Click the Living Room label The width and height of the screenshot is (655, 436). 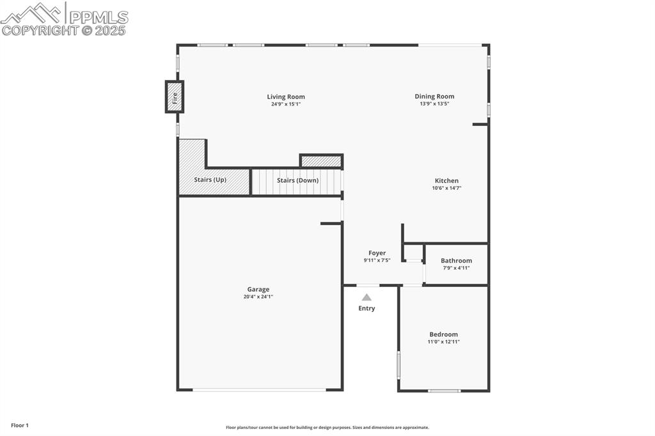(286, 97)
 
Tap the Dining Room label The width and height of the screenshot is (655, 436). (434, 97)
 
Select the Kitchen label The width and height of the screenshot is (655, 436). (446, 181)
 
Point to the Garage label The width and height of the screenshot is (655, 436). (258, 290)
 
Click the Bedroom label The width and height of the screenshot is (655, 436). (443, 334)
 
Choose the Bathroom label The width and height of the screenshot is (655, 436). (456, 261)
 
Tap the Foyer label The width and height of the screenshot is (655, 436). (377, 253)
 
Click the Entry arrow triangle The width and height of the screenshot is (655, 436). (367, 297)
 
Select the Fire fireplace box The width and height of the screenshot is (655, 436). (175, 97)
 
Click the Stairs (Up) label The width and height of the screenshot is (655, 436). (210, 180)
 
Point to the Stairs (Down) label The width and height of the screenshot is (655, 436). (297, 180)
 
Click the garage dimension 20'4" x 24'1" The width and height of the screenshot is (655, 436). (258, 297)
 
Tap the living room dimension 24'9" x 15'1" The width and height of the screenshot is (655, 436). (286, 104)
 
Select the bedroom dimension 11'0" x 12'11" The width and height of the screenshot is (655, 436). (443, 342)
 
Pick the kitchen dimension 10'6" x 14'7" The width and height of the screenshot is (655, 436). (446, 188)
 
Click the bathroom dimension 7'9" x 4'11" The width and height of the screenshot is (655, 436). (456, 268)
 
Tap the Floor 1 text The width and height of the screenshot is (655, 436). (20, 425)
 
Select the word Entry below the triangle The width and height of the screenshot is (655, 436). (367, 308)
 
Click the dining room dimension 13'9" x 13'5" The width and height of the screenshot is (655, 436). (434, 104)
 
